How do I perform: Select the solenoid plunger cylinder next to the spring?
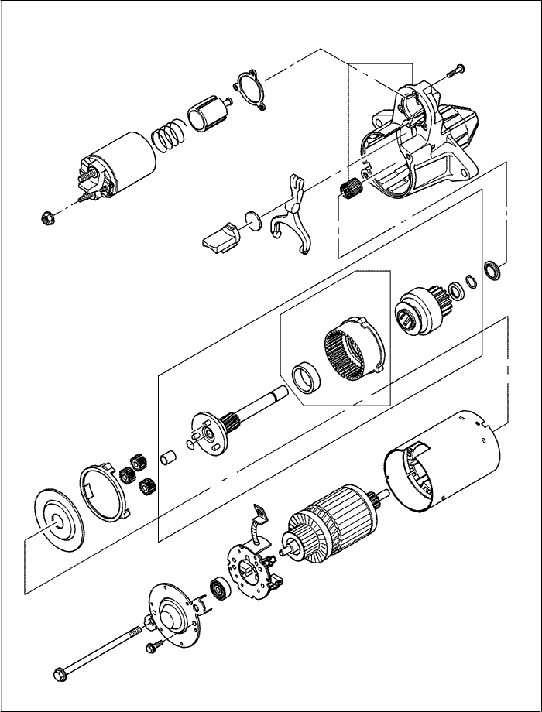tap(205, 115)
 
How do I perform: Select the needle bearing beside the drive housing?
tap(352, 187)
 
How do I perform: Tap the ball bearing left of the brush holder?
tap(218, 590)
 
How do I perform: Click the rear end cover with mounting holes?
tap(172, 616)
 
